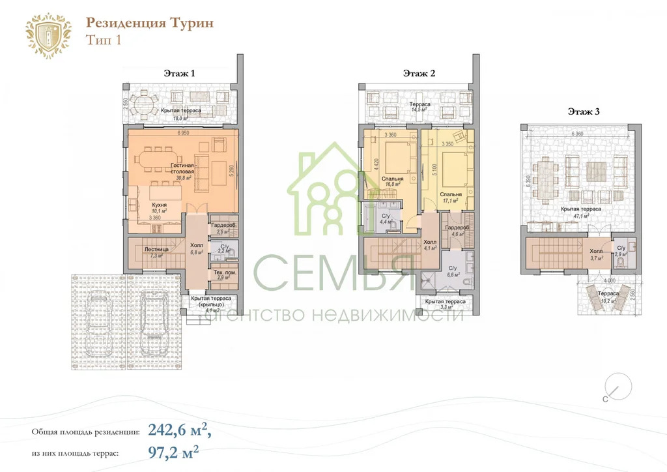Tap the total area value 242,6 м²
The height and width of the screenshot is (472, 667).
(179, 430)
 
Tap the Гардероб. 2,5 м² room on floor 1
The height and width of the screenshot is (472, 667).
(222, 228)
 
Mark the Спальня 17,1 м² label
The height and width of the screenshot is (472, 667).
(451, 197)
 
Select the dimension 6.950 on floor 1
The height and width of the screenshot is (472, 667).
(182, 133)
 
